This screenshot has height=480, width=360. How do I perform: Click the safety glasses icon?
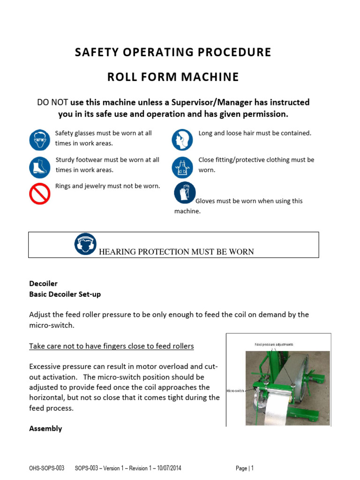[x=39, y=140]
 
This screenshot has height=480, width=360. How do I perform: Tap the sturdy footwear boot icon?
[x=39, y=167]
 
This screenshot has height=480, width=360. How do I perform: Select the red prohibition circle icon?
[x=39, y=194]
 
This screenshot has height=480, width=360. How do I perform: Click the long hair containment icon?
[x=182, y=140]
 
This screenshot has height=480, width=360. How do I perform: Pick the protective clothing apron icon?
[x=182, y=167]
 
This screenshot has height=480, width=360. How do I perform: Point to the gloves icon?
[x=184, y=193]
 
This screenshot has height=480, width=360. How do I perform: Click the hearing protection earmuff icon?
[x=85, y=244]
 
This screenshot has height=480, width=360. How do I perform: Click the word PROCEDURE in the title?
[x=227, y=52]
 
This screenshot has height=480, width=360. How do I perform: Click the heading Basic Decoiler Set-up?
[x=65, y=294]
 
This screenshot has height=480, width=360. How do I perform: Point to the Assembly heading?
[x=45, y=428]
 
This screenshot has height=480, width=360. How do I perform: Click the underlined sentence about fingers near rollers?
[x=112, y=346]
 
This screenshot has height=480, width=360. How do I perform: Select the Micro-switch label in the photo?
[x=235, y=390]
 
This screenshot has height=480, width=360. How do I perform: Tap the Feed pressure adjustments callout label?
[x=274, y=345]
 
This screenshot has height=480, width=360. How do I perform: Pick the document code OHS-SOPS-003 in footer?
[x=46, y=468]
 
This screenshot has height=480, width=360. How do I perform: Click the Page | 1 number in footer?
[x=245, y=468]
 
